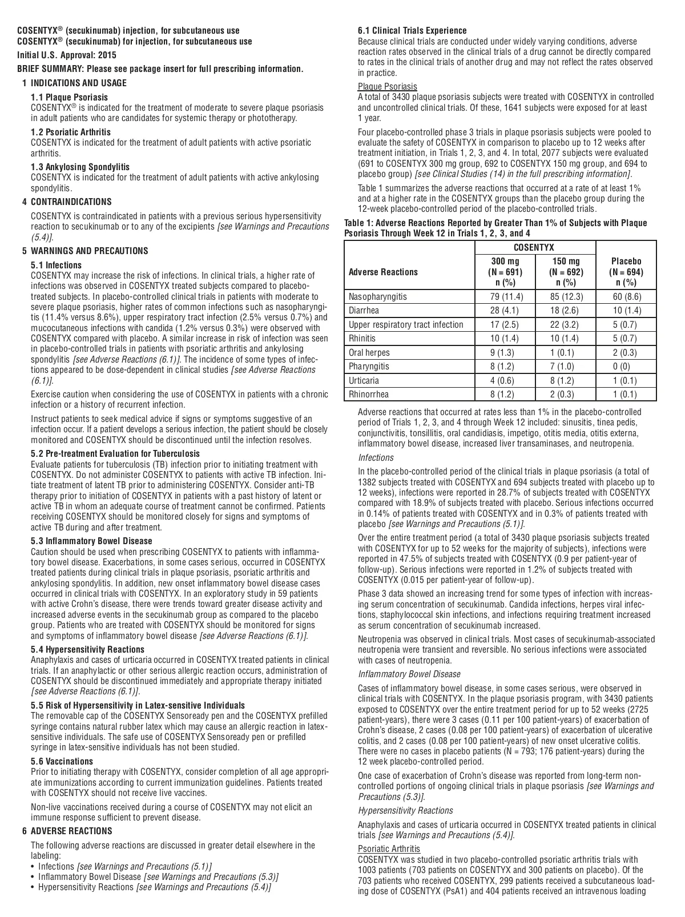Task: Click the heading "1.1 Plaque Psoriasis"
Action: point(69,98)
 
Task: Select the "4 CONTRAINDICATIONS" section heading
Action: point(67,202)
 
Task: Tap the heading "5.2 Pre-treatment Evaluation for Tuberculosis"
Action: point(115,453)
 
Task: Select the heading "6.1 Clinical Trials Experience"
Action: point(412,31)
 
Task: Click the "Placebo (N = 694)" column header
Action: point(626,272)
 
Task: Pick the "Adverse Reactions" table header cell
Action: point(383,272)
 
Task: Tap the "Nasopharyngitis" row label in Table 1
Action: point(378,297)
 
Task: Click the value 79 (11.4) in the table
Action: point(506,297)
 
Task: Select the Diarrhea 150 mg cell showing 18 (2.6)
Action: point(566,311)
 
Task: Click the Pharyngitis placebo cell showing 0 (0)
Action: point(626,366)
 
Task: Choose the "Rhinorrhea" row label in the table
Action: point(369,394)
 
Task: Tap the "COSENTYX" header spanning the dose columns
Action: point(535,248)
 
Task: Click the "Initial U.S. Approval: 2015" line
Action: point(67,55)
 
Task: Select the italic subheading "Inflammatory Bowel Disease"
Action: point(409,674)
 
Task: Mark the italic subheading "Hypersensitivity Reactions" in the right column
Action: point(405,810)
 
